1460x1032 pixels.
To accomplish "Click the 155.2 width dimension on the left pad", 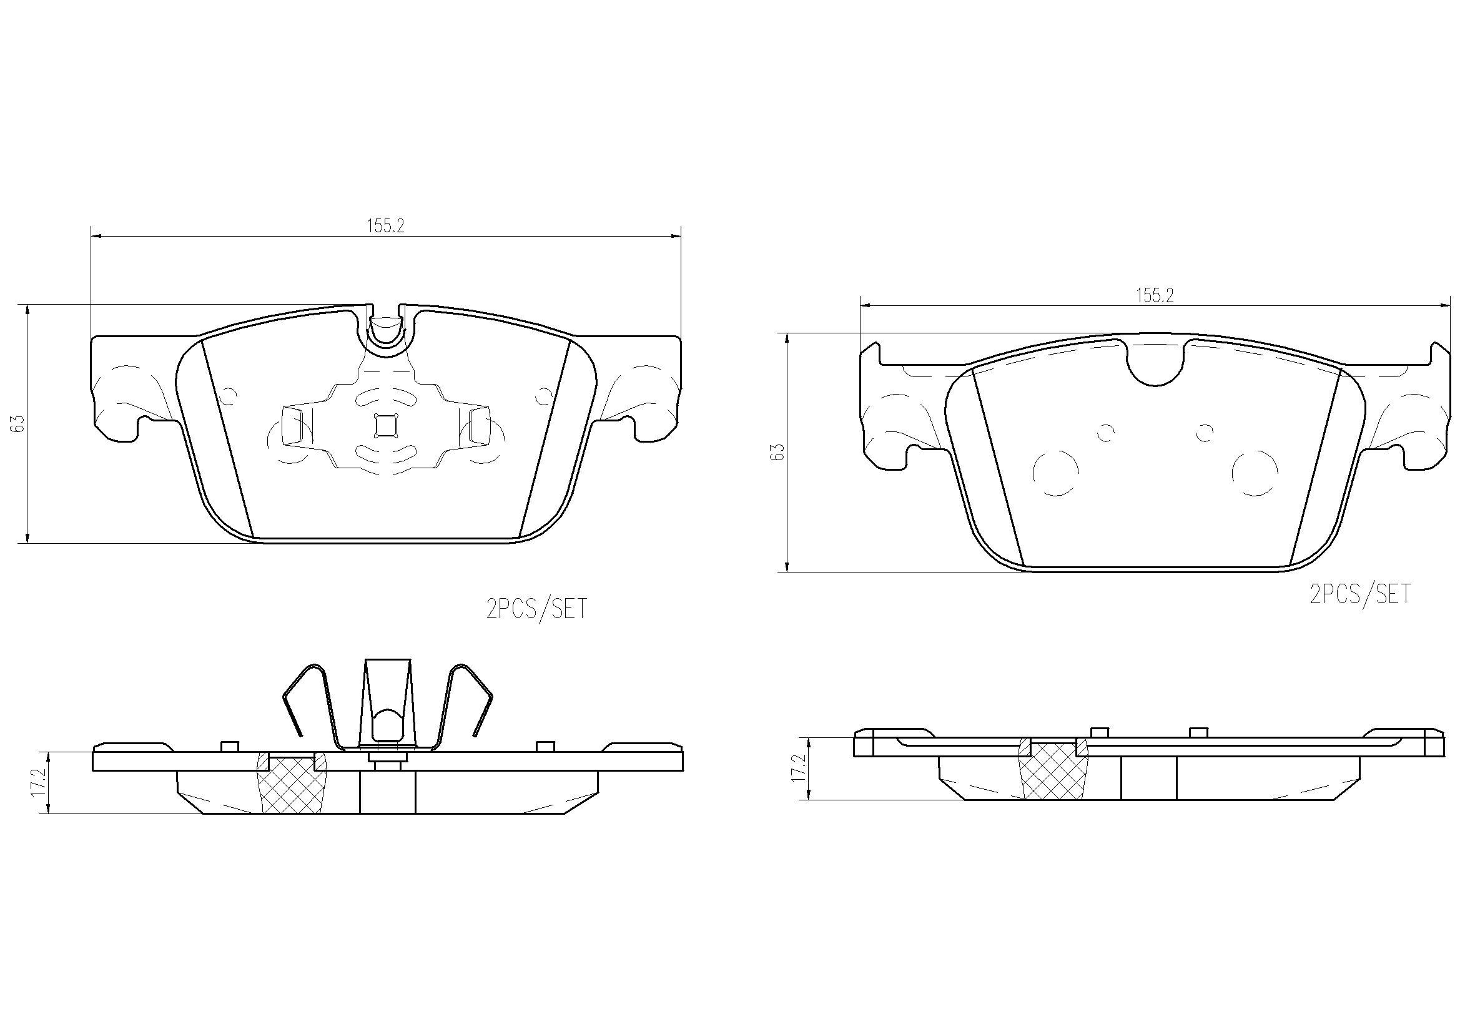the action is [385, 226].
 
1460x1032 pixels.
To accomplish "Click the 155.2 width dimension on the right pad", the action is [1154, 295].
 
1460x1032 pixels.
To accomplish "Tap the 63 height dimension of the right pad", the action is [776, 452].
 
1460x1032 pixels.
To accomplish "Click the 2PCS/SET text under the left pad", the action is [536, 610].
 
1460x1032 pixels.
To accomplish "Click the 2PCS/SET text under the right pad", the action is [1360, 594].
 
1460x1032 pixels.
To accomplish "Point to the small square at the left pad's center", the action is [385, 425].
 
